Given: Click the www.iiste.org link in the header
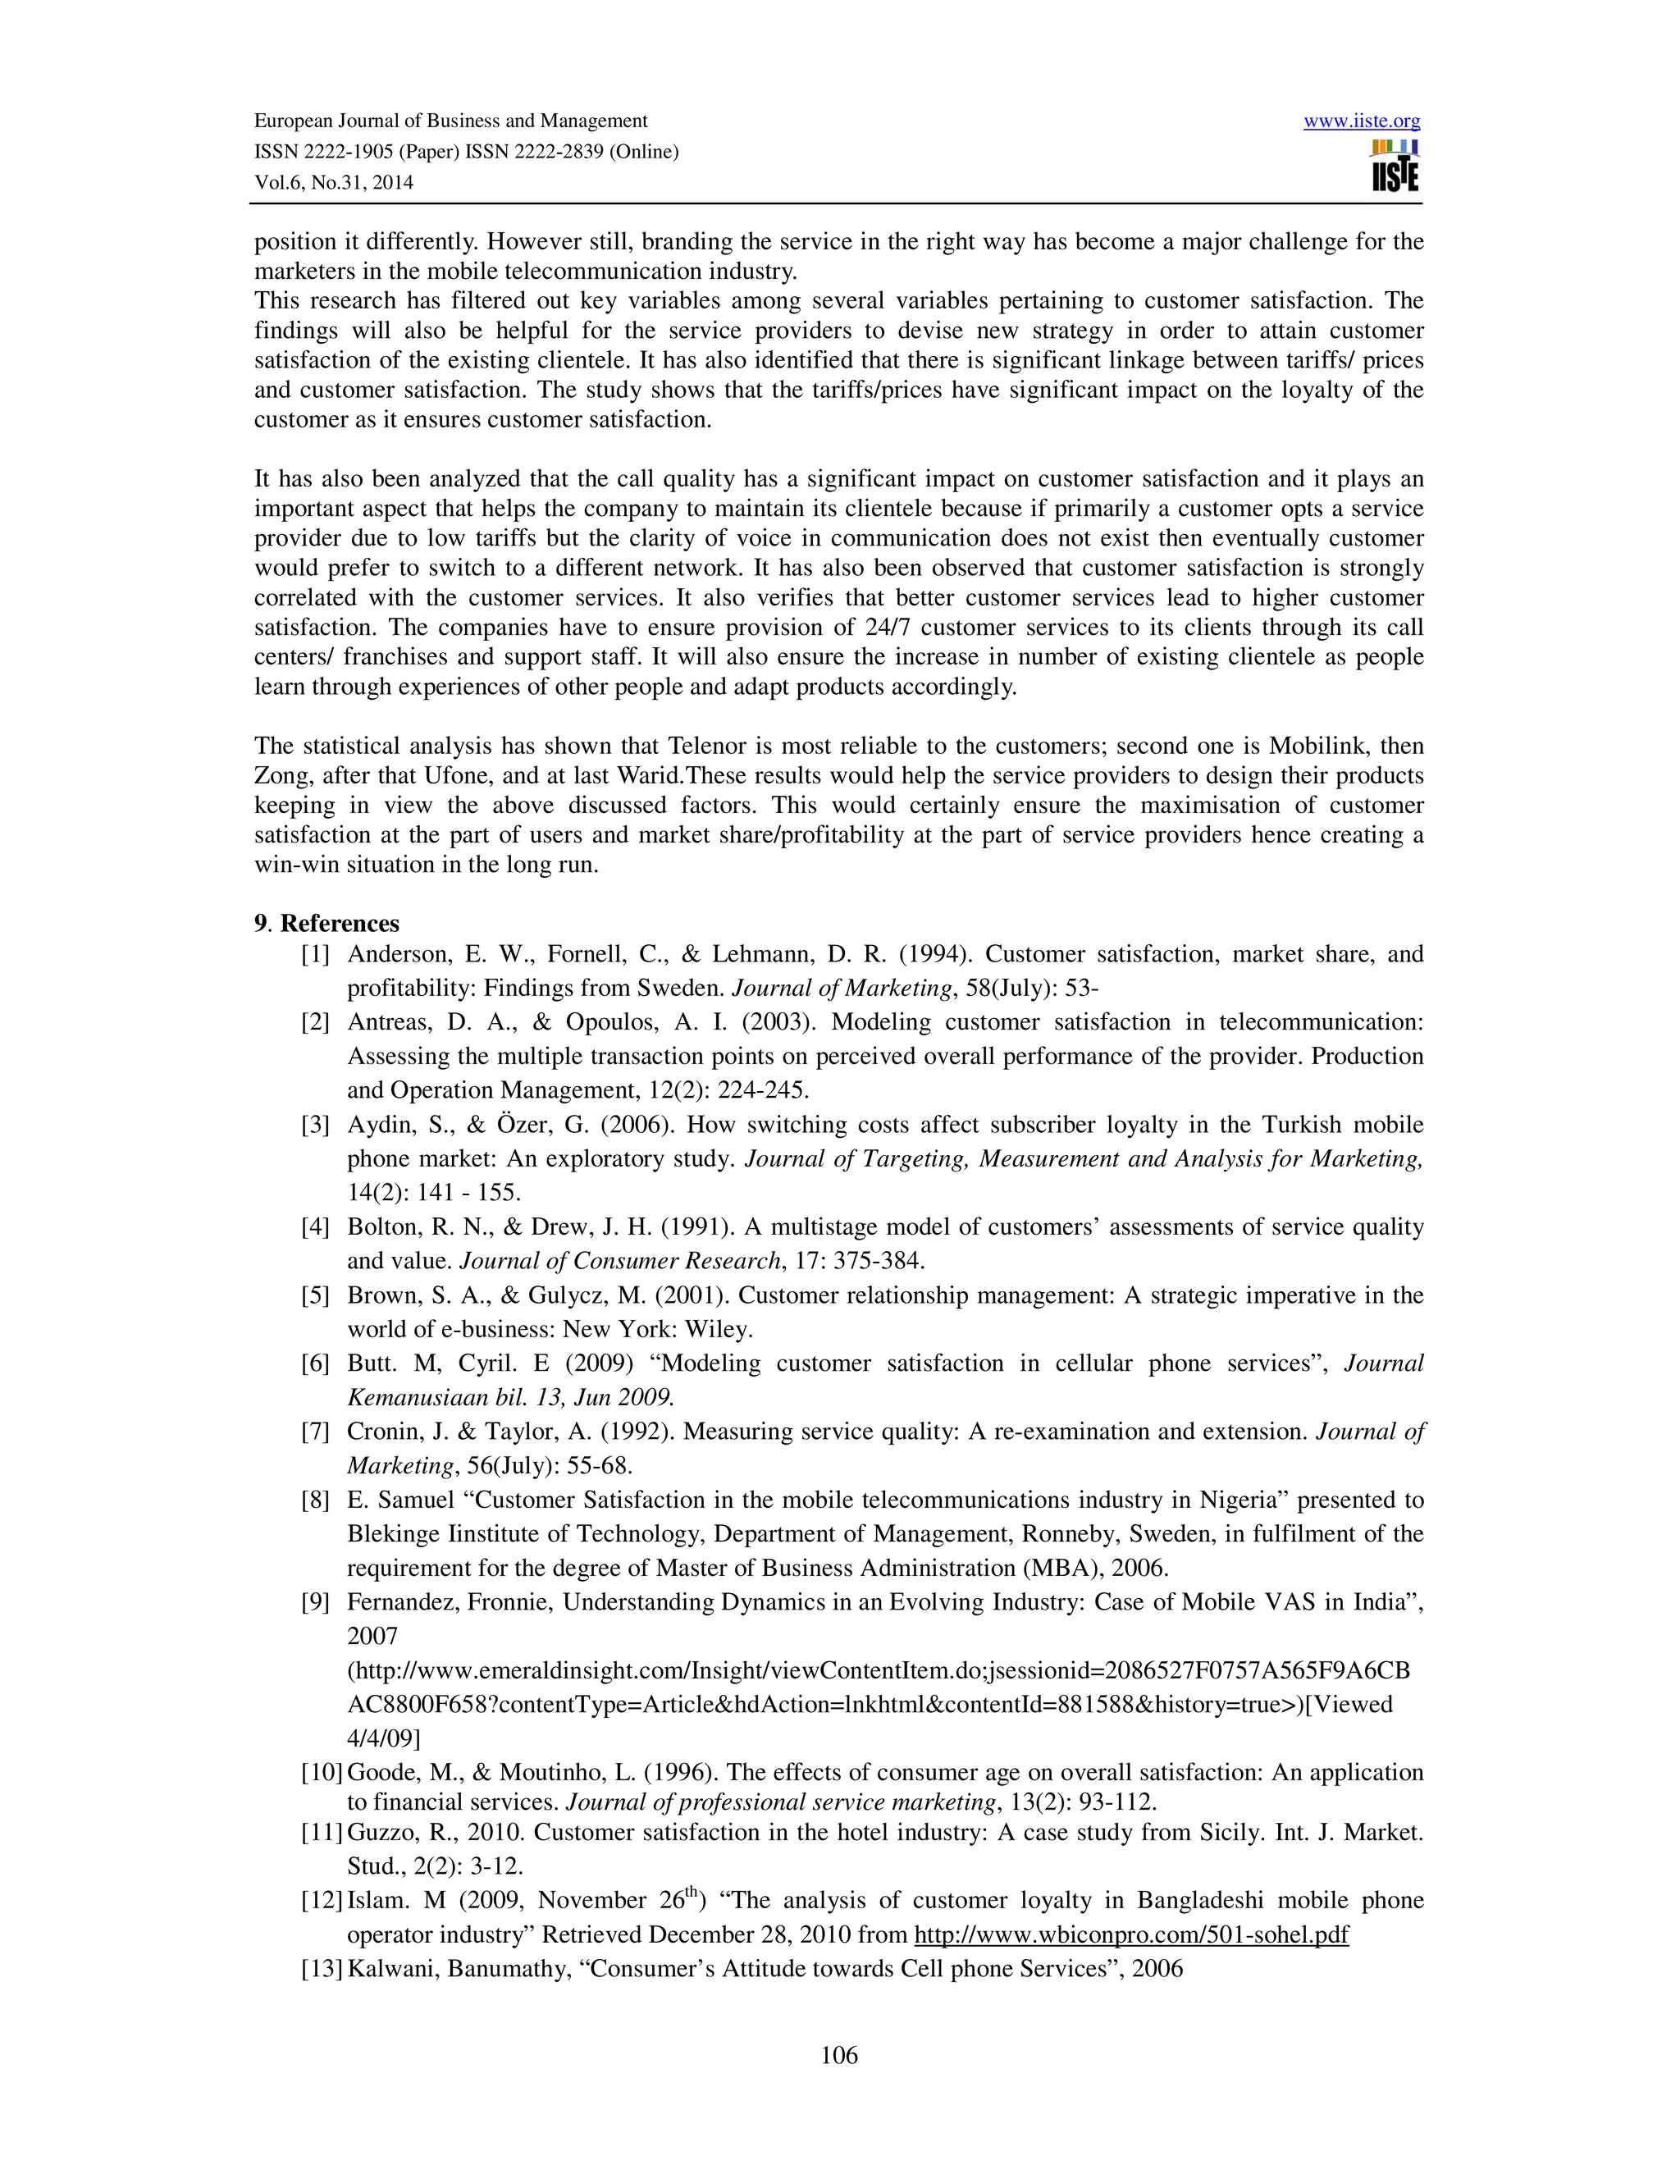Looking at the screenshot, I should click(1362, 121).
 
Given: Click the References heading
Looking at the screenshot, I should click(340, 923).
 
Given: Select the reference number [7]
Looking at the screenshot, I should click(316, 1432).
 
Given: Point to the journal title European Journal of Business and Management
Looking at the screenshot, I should click(451, 121).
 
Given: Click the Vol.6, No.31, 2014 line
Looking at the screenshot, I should click(333, 182).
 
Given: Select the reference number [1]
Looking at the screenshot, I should click(316, 953).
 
